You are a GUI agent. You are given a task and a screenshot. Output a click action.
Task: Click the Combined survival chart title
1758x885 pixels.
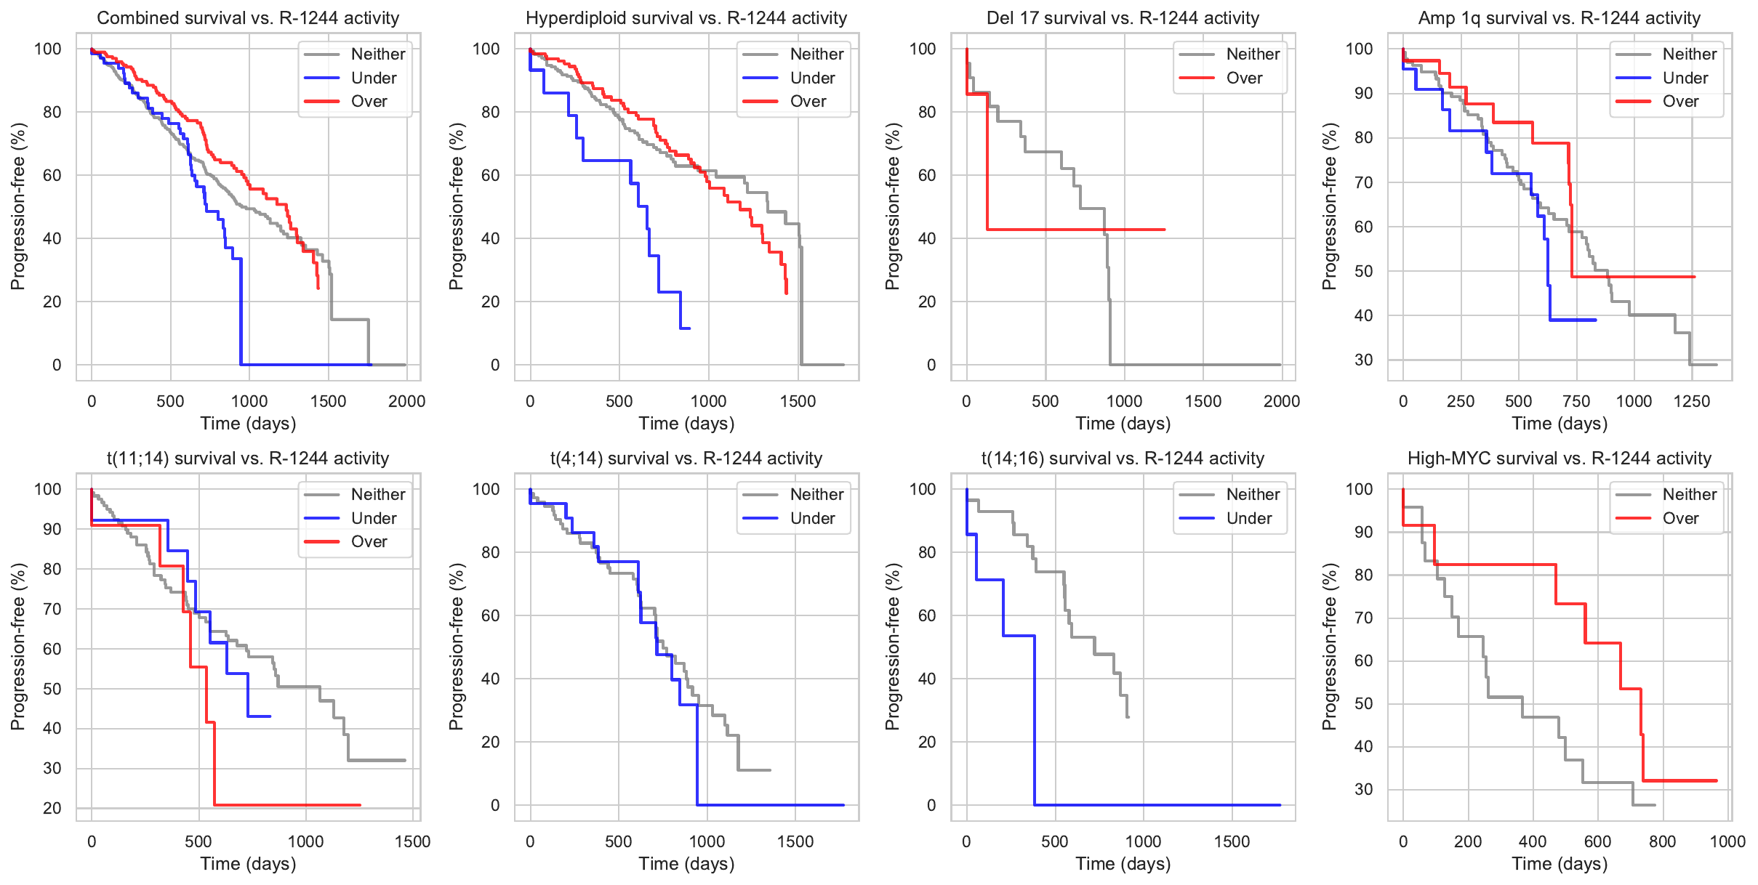click(x=248, y=18)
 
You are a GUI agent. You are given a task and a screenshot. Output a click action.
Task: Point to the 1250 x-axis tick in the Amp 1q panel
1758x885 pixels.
click(x=1692, y=401)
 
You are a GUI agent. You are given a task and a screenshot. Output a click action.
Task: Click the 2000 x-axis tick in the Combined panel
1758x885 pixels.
click(x=406, y=401)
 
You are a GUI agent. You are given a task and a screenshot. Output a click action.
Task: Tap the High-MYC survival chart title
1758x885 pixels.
click(x=1560, y=458)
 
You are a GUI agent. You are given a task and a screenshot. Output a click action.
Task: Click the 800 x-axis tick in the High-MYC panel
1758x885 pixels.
click(x=1663, y=841)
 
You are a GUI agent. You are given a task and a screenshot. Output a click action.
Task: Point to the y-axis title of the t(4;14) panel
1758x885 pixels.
click(x=456, y=647)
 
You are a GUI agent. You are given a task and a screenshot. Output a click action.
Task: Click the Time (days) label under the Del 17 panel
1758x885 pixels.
click(x=1123, y=424)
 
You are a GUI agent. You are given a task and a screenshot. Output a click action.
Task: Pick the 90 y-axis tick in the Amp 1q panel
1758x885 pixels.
click(x=1363, y=93)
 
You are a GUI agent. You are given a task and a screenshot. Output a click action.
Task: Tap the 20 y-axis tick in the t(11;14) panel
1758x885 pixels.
click(x=52, y=808)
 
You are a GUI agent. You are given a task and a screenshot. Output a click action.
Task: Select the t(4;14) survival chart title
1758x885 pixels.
click(x=686, y=458)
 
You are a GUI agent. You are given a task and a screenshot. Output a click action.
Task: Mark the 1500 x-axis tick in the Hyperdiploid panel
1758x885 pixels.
click(x=798, y=401)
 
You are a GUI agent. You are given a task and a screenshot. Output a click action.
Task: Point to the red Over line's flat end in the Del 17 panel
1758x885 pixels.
click(x=1163, y=230)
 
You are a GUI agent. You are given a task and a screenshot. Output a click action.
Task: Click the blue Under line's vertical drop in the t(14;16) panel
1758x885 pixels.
click(x=1035, y=719)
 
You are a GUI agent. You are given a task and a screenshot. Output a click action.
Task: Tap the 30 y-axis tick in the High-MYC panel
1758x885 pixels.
click(x=1363, y=789)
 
